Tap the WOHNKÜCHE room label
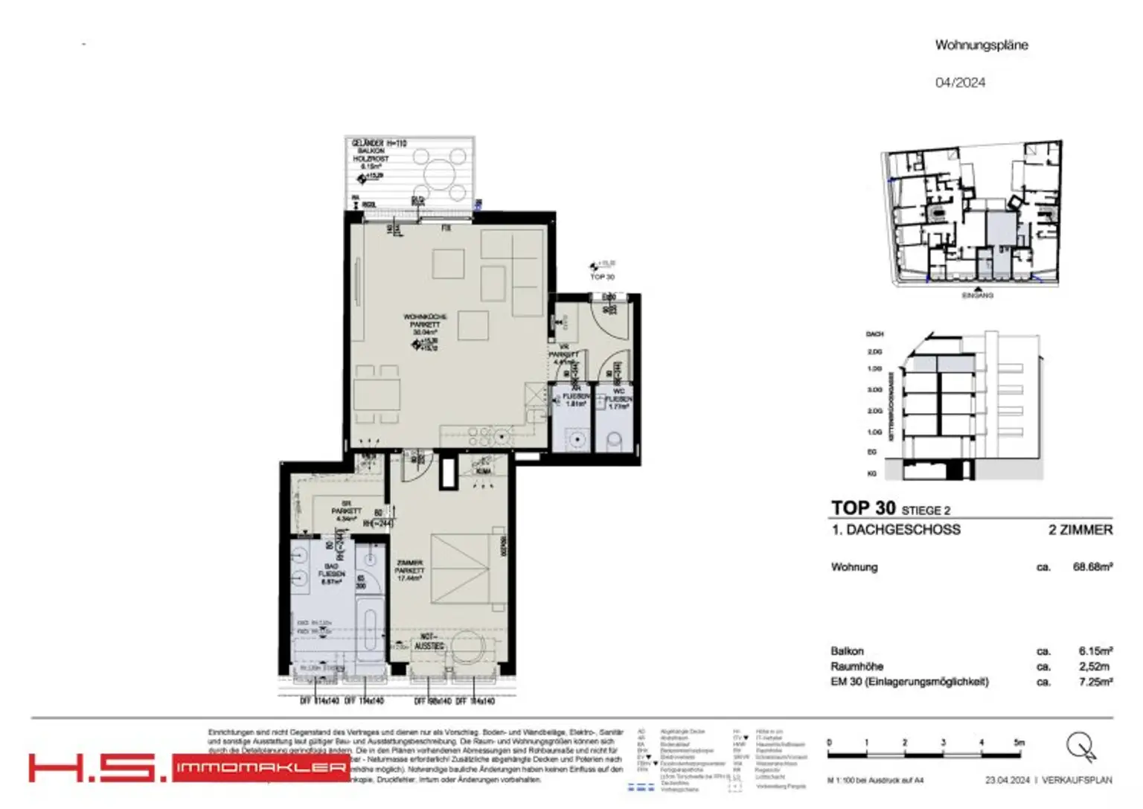pos(425,317)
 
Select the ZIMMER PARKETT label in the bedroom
pos(409,570)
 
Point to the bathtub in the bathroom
pos(370,633)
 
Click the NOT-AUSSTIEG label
pos(429,642)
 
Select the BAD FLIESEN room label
pos(331,574)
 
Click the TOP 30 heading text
pos(863,508)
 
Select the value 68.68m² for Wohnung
pos(1092,567)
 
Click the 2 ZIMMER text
pos(1080,530)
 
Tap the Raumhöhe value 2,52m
pos(1094,667)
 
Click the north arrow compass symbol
pos(1080,746)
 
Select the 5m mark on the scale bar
pos(1019,743)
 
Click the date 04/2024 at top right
pos(960,83)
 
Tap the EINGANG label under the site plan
pos(977,295)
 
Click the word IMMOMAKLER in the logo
pos(260,768)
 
